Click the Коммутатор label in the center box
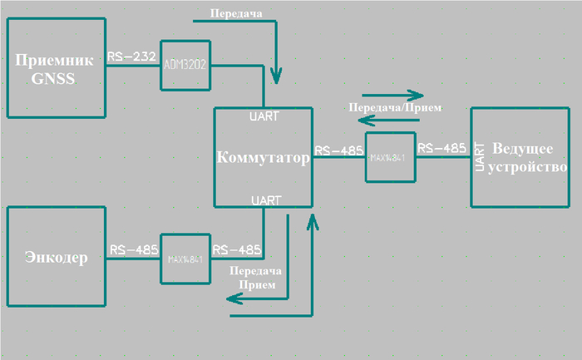263,158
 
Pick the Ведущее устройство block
520,157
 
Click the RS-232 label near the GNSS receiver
131,57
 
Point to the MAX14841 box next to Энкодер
185,259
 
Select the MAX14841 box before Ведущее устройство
390,157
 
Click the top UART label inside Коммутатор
265,116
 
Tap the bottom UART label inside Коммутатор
265,200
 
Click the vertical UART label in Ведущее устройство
479,157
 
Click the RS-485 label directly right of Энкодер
133,249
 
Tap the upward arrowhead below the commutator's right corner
312,220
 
